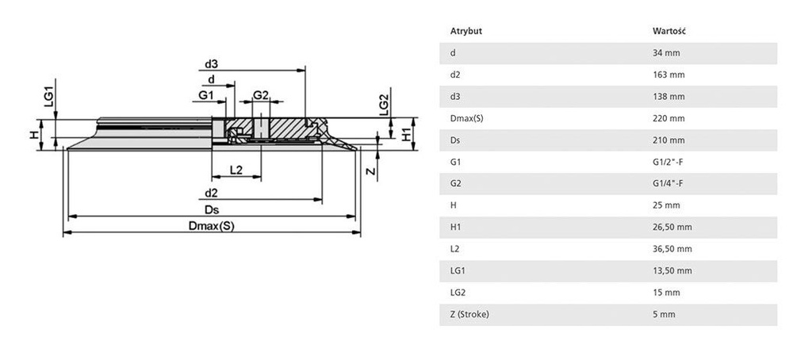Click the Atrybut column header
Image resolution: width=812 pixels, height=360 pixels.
[x=466, y=32]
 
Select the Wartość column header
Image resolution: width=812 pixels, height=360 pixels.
[x=668, y=32]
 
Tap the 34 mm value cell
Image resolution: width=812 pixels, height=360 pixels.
[x=665, y=53]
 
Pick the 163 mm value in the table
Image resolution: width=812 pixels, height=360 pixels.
[x=668, y=75]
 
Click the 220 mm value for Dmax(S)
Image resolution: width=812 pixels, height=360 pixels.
[x=668, y=118]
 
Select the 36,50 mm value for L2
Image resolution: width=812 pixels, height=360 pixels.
[x=671, y=249]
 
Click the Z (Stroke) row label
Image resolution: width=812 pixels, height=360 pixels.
[x=469, y=314]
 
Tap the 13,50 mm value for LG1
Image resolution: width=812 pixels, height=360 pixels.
[x=671, y=270]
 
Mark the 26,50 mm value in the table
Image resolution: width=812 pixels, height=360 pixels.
[x=671, y=227]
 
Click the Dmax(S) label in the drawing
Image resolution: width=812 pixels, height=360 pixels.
[x=211, y=225]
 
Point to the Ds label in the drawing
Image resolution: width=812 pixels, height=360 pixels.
[x=211, y=209]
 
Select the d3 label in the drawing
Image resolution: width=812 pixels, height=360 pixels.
[x=211, y=63]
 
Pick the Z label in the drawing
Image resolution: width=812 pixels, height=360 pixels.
[x=370, y=170]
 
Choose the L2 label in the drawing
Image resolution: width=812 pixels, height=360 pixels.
[x=236, y=170]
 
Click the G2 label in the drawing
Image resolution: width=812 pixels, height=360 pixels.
[x=261, y=95]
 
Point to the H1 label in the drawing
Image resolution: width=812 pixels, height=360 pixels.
[x=406, y=132]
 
